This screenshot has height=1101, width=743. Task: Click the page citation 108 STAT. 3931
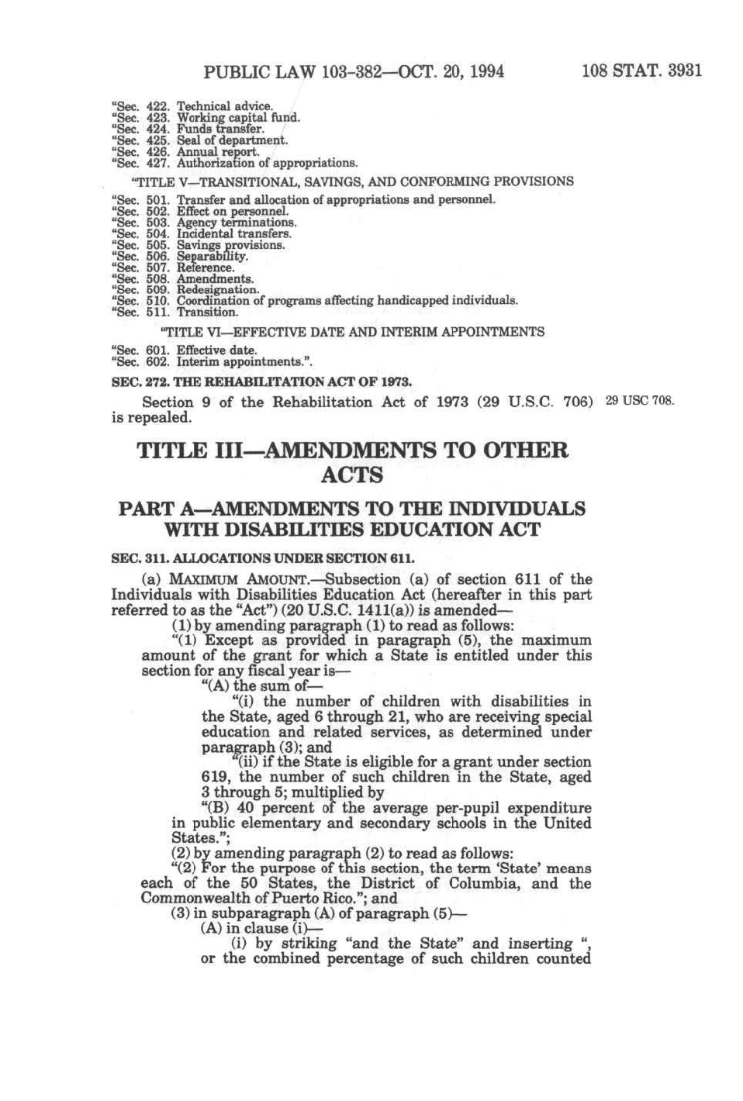tap(641, 71)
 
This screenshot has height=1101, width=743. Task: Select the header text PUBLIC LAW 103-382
tap(298, 72)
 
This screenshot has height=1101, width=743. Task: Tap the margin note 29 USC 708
tap(639, 401)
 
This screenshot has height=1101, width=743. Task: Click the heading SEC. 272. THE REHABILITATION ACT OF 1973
tap(261, 382)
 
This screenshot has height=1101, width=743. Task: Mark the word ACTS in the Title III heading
tap(352, 475)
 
